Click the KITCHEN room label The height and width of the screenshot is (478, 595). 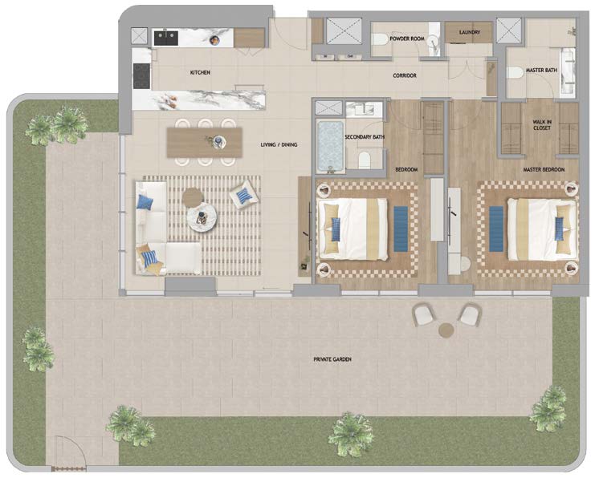pos(200,72)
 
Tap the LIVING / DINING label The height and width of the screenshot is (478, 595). pos(279,145)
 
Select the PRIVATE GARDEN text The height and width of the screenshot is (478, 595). pos(332,359)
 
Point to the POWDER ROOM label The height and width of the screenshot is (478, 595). pos(407,38)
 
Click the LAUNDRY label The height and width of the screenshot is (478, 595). pos(470,33)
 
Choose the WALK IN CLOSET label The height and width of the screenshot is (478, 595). pos(542,125)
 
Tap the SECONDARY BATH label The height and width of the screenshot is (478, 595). pos(365,137)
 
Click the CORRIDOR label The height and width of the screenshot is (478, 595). pos(405,76)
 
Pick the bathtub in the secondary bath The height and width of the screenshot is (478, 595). pos(331,146)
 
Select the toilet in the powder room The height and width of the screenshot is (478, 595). pos(380,38)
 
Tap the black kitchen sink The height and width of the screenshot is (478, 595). pos(166,38)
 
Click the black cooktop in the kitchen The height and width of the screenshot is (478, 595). pos(141,76)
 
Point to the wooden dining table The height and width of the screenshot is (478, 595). pos(205,143)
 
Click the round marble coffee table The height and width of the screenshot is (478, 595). pos(202,215)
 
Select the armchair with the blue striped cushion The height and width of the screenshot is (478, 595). pos(244,195)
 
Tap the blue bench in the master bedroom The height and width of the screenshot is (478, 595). pos(496,229)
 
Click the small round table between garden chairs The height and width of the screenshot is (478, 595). pos(446,330)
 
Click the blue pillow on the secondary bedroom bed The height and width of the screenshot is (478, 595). pos(336,229)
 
